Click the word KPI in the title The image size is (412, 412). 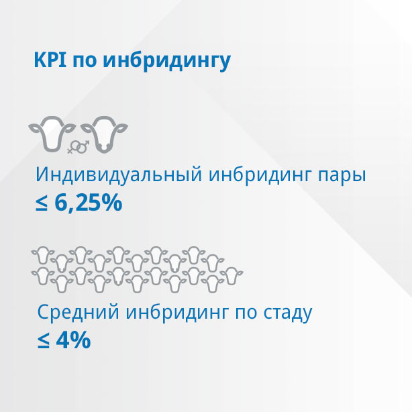pyautogui.click(x=50, y=60)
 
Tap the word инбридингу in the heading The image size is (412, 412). pyautogui.click(x=167, y=62)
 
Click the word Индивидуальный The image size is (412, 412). pyautogui.click(x=119, y=174)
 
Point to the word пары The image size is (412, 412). pyautogui.click(x=342, y=176)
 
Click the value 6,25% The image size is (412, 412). pyautogui.click(x=89, y=203)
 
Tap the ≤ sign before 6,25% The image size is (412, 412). pyautogui.click(x=42, y=203)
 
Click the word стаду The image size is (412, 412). pyautogui.click(x=288, y=314)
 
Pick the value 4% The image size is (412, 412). pyautogui.click(x=74, y=340)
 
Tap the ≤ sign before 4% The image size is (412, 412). pyautogui.click(x=44, y=341)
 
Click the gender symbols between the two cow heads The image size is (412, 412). pyautogui.click(x=78, y=147)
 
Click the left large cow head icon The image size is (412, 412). pyautogui.click(x=52, y=134)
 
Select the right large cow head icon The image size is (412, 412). pyautogui.click(x=104, y=134)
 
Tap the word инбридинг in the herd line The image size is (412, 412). pyautogui.click(x=176, y=313)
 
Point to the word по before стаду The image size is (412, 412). pyautogui.click(x=246, y=314)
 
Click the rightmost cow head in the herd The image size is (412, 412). pyautogui.click(x=231, y=276)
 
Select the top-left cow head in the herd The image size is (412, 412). pyautogui.click(x=43, y=255)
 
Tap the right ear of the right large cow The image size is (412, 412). pyautogui.click(x=121, y=128)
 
